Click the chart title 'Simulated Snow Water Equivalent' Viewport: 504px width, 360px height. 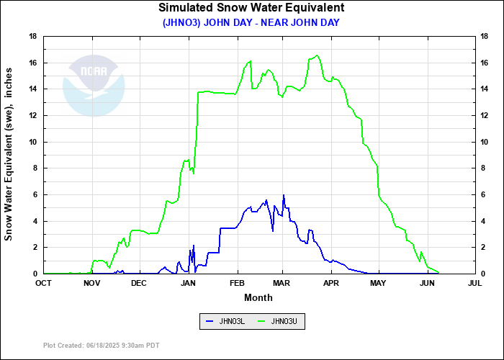click(251, 8)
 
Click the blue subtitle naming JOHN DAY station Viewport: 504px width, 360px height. click(251, 22)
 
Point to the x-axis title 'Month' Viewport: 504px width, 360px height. click(258, 297)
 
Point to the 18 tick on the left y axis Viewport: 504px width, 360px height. click(33, 36)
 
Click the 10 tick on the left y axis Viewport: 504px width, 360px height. click(33, 142)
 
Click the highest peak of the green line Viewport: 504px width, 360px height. click(317, 55)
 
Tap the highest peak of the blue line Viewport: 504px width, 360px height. click(284, 195)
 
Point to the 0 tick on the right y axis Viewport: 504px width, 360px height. click(485, 274)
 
